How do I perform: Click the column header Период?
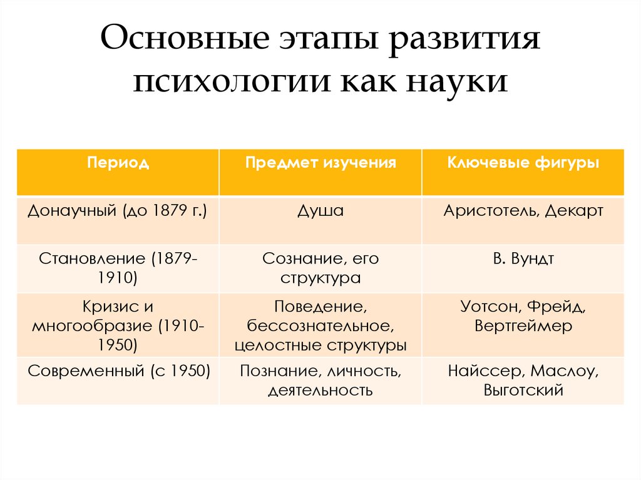coord(118,163)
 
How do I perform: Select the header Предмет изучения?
coord(320,163)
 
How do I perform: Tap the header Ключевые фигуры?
coord(523,163)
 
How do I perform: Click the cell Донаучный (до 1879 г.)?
coord(118,211)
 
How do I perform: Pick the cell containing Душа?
coord(320,211)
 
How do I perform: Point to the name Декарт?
coord(573,211)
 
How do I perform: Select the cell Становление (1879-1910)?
coord(118,268)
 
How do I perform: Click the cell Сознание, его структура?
coord(320,268)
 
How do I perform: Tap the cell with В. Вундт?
coord(523,258)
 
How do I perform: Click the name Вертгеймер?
coord(523,326)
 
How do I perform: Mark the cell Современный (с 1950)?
coord(118,371)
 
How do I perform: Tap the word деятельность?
coord(320,391)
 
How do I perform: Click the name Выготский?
coord(523,391)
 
